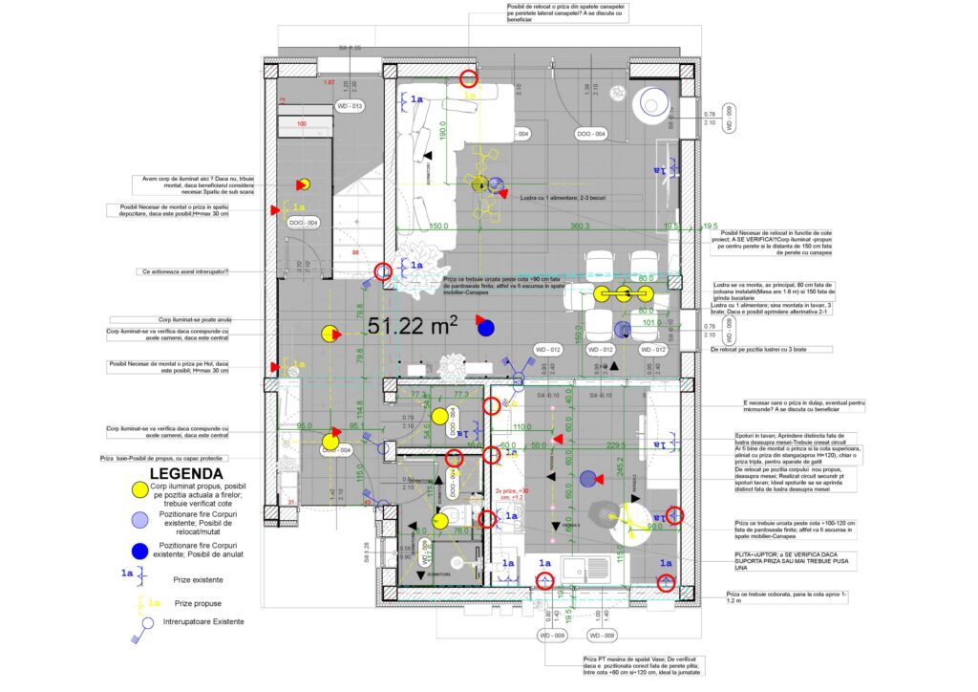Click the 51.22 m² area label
tap(413, 327)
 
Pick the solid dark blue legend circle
tap(140, 551)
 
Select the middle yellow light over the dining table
tap(624, 293)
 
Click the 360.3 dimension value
tap(581, 227)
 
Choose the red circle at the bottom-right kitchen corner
tap(667, 582)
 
